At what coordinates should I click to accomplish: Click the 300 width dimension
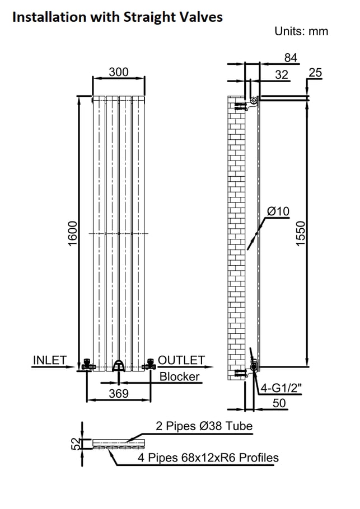pos(119,72)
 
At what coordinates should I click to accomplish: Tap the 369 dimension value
pos(118,394)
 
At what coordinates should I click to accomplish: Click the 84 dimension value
pos(291,58)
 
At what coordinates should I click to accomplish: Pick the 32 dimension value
pos(282,74)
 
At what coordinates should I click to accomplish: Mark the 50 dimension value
pos(279,403)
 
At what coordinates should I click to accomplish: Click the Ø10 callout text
pos(278,211)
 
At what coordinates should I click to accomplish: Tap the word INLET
pos(50,360)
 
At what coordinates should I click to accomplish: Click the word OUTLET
pos(181,360)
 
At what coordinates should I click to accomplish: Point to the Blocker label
pos(179,376)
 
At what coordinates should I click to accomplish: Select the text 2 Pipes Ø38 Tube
pos(204,426)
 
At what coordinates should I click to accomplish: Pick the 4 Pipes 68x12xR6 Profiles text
pos(208,458)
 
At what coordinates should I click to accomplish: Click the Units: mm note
pos(301,31)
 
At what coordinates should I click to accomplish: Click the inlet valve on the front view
pos(87,365)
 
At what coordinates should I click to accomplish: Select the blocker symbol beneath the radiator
pos(118,366)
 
